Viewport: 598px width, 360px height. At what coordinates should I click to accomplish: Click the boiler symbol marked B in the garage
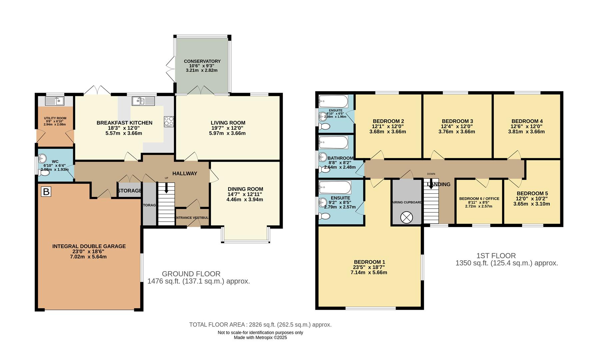click(x=46, y=192)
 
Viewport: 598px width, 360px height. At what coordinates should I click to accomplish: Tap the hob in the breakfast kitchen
click(x=169, y=121)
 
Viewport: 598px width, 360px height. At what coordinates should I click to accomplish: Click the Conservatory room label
click(x=202, y=61)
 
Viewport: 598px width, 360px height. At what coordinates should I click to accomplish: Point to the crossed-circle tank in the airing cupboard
click(x=406, y=217)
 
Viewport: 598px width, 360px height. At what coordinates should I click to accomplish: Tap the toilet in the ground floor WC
click(x=44, y=173)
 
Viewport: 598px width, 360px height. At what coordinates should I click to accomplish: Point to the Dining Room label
click(x=245, y=189)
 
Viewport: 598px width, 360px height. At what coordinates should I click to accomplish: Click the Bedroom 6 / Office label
click(x=479, y=199)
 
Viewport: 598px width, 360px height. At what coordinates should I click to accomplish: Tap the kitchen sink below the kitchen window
click(x=144, y=101)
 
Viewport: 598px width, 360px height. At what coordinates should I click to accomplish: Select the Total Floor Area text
click(x=260, y=325)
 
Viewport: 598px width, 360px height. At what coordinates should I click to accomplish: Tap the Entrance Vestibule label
click(x=192, y=218)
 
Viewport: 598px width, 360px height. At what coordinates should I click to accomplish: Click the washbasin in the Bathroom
click(x=323, y=157)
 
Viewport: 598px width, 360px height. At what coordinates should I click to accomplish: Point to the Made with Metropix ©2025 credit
click(x=260, y=337)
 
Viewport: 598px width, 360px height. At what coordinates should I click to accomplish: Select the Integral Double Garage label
click(x=89, y=246)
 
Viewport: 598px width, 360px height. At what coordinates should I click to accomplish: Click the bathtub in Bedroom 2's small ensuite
click(x=333, y=101)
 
